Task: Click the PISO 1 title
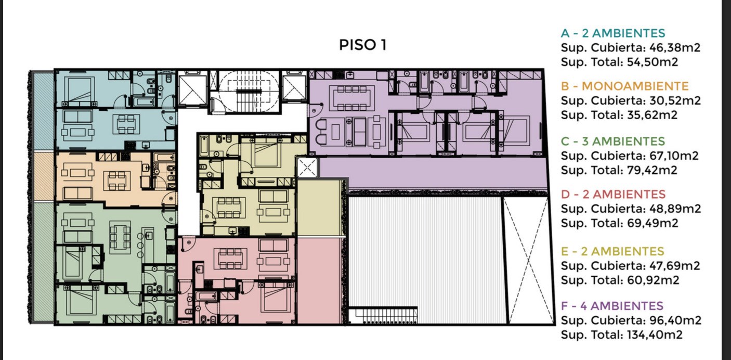(362, 45)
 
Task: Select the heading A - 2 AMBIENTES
(613, 33)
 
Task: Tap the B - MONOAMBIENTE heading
(624, 86)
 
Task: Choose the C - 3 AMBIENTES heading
(613, 141)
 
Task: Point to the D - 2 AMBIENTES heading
(613, 194)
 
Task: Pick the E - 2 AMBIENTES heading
(612, 251)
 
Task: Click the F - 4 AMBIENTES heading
(612, 306)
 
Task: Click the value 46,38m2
(675, 48)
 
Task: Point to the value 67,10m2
(674, 156)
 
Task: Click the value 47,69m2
(674, 266)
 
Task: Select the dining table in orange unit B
(117, 181)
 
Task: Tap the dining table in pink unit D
(230, 259)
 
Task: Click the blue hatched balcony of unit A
(44, 111)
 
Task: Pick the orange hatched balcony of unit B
(44, 176)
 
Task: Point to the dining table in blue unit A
(126, 124)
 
